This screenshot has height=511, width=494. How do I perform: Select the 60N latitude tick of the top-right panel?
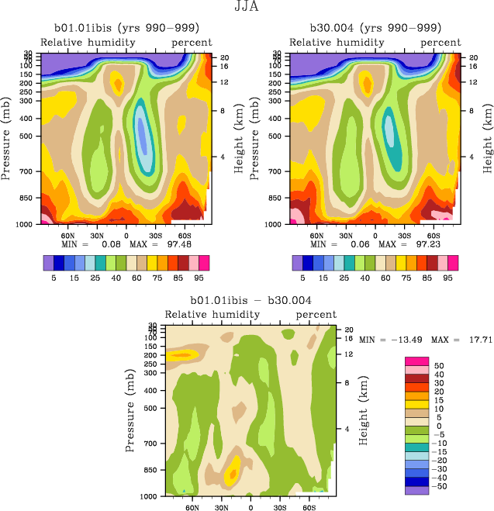point(317,233)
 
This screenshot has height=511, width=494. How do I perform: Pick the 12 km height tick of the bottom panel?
point(347,354)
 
